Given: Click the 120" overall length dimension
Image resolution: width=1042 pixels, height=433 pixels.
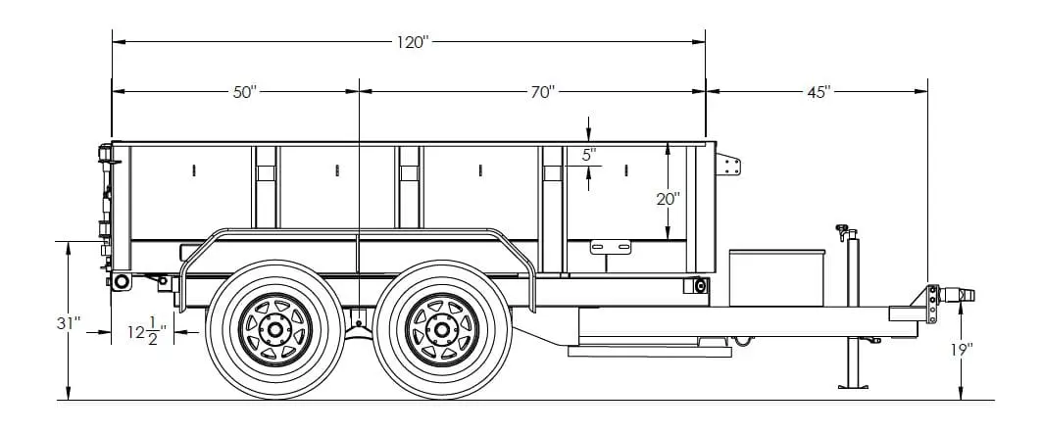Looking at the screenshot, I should pyautogui.click(x=413, y=42).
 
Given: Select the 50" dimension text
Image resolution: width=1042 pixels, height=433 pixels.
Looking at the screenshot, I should pyautogui.click(x=244, y=91).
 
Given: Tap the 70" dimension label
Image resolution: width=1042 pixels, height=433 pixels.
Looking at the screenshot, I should pyautogui.click(x=543, y=91).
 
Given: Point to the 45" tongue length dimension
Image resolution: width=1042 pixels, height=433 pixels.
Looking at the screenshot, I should pyautogui.click(x=819, y=91).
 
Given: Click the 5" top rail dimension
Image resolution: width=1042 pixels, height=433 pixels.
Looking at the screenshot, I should pyautogui.click(x=588, y=155).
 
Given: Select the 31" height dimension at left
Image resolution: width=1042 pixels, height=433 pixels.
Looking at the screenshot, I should pyautogui.click(x=70, y=322).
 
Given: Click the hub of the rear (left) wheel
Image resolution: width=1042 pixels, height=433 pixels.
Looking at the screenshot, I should pyautogui.click(x=275, y=329).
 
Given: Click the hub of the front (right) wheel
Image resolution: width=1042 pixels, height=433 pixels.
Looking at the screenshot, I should pyautogui.click(x=442, y=329).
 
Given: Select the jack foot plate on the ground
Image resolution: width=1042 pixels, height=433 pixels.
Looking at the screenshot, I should pyautogui.click(x=853, y=386).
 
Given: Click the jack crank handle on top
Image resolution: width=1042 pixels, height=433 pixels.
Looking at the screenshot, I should pyautogui.click(x=841, y=230).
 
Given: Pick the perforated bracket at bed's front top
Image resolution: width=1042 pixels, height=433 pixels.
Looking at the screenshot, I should pyautogui.click(x=728, y=164).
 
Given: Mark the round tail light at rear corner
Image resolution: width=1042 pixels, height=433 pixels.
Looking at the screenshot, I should pyautogui.click(x=122, y=282).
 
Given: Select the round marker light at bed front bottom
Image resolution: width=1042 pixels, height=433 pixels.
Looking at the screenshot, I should pyautogui.click(x=700, y=285).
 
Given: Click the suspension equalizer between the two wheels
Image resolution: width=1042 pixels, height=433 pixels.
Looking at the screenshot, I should pyautogui.click(x=360, y=318).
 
